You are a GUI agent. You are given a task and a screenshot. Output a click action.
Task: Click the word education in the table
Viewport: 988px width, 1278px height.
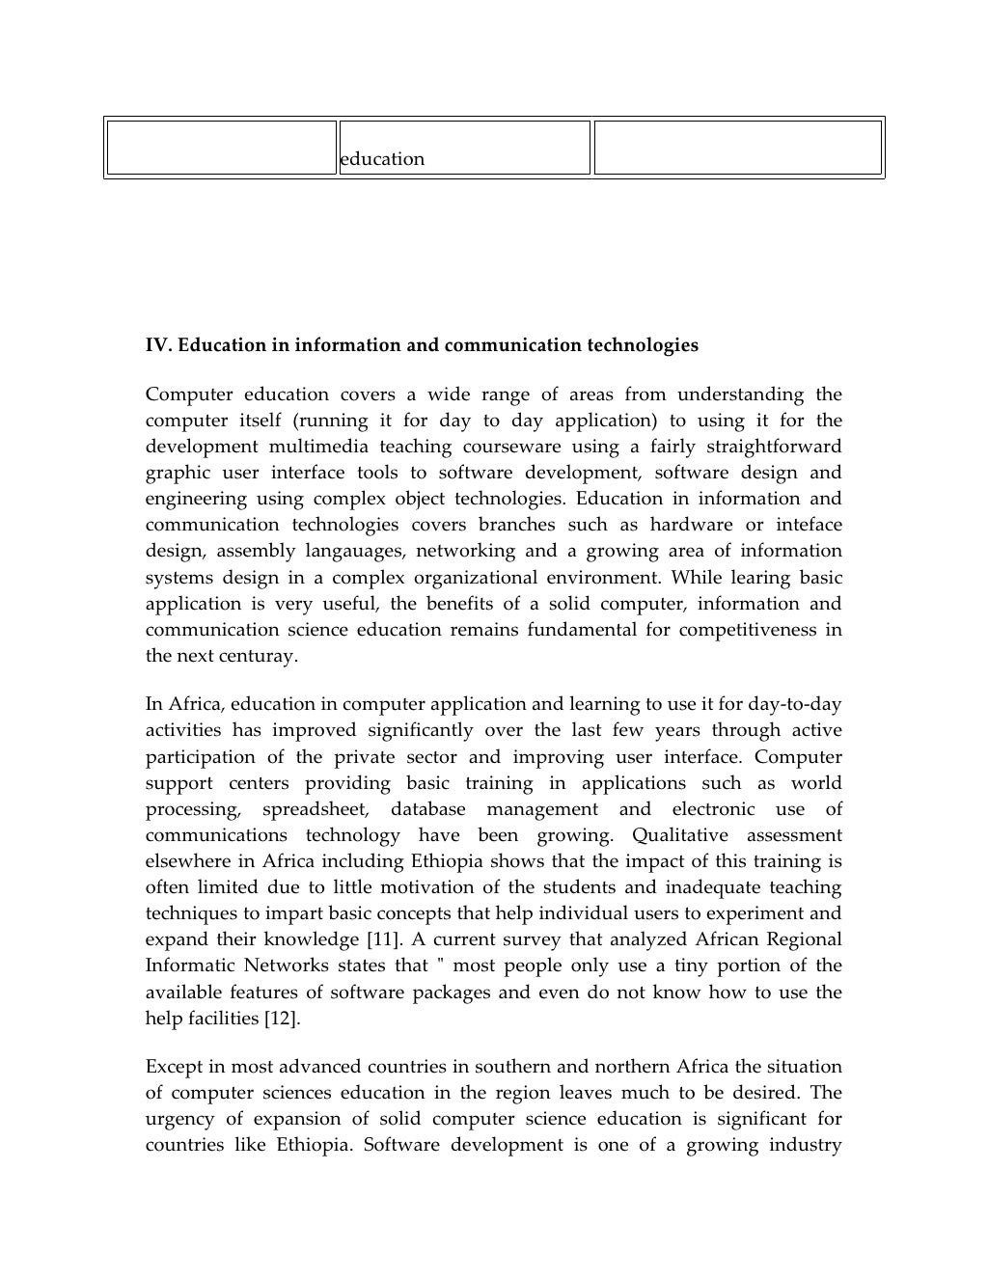[x=382, y=159]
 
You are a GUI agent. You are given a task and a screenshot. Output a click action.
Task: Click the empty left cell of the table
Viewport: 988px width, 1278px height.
[x=221, y=148]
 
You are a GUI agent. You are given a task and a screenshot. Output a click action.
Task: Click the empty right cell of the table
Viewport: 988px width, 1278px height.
[x=737, y=148]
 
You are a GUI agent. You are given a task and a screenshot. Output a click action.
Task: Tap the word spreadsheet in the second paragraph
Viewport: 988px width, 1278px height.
[x=315, y=809]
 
